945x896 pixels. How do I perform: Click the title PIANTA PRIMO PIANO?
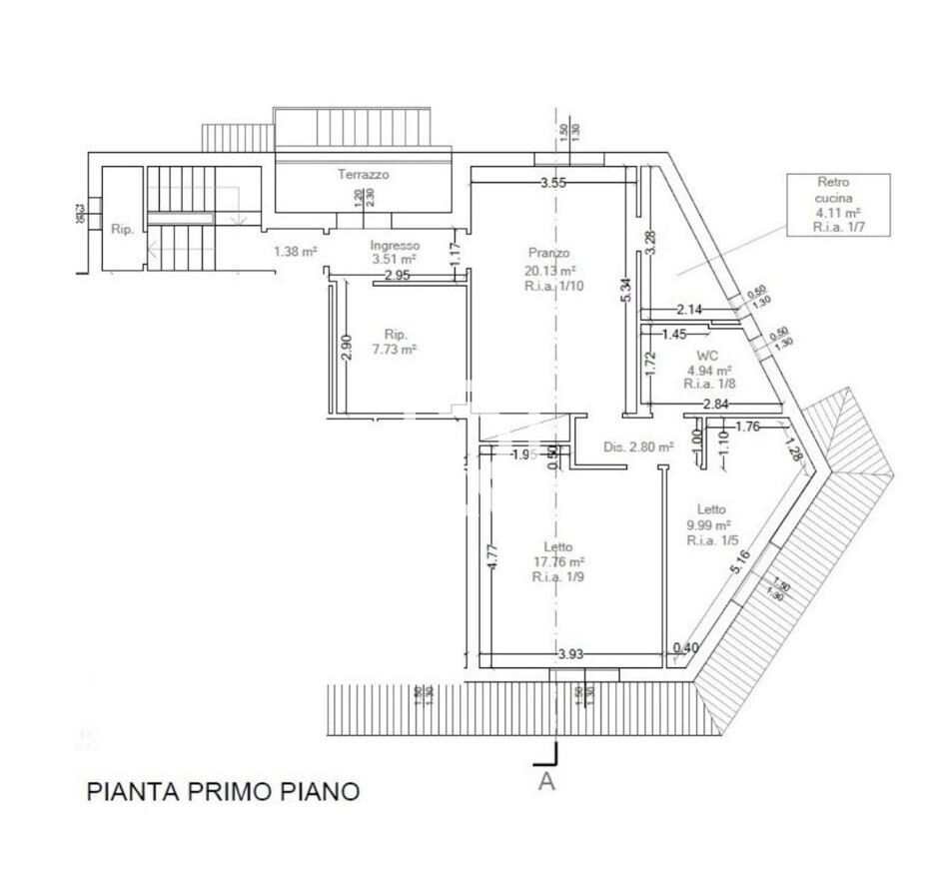[x=223, y=792]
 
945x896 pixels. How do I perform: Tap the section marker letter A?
[x=546, y=781]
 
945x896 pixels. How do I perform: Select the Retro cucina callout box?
[x=838, y=205]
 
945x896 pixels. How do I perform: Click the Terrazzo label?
[x=363, y=174]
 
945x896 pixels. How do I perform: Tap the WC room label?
[x=708, y=355]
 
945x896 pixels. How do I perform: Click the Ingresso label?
[x=395, y=245]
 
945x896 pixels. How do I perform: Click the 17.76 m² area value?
[x=558, y=561]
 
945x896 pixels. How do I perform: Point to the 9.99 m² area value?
[x=709, y=524]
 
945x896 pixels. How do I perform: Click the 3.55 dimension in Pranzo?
[x=553, y=183]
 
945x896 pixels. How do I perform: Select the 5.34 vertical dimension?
[x=627, y=290]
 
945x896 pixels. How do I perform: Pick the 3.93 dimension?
[x=570, y=654]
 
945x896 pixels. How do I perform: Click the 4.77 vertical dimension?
[x=491, y=554]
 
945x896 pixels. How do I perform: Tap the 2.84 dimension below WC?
[x=715, y=404]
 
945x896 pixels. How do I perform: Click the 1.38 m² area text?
[x=296, y=252]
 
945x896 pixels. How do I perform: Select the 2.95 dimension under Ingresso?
[x=397, y=276]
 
